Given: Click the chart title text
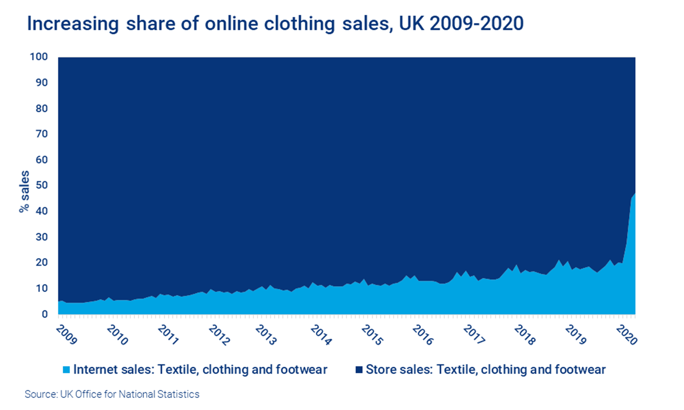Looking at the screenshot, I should pos(275,24).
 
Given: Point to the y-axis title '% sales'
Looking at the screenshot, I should pos(24,191).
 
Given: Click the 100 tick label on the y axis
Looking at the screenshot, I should pos(39,57).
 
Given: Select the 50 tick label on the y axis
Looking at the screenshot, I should pos(41,185).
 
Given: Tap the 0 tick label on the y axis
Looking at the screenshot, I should pos(44,314).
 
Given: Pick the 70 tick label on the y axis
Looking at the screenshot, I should pos(41,134).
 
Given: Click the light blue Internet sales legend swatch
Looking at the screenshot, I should pos(66,370).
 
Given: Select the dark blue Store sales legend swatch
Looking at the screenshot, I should pos(359,370).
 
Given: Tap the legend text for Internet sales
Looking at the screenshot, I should pos(200,370).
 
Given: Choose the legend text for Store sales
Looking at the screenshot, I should pos(485,370).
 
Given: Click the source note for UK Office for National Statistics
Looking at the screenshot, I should pos(112,394).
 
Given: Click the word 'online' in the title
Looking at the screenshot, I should pos(232,24).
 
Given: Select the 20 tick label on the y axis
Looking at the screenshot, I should pos(41,262).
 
